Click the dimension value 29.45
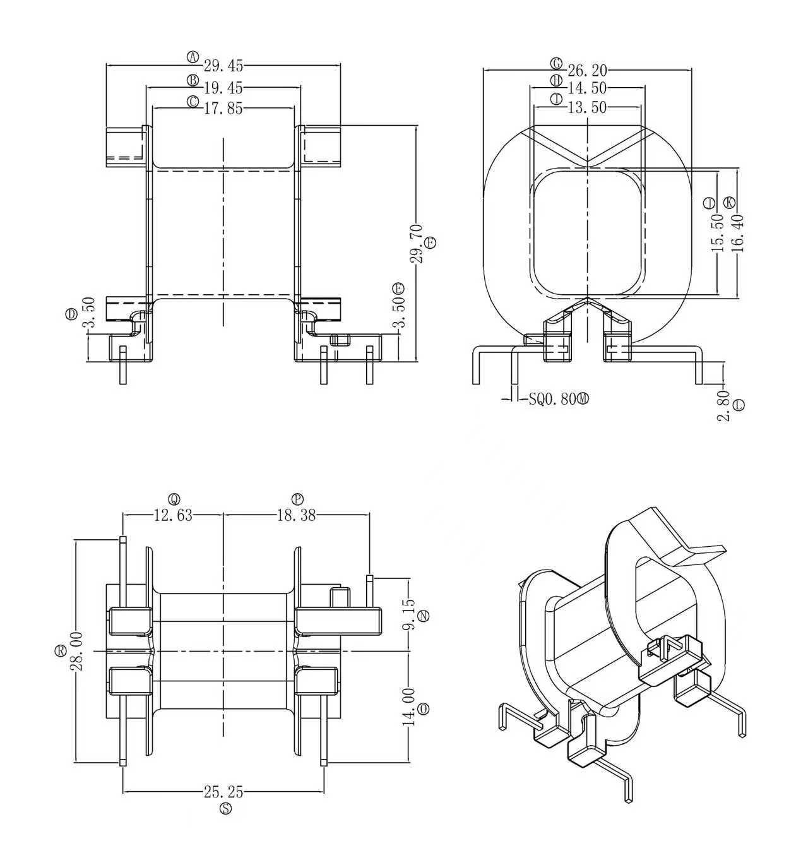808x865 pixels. tap(223, 66)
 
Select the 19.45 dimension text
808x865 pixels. tap(223, 88)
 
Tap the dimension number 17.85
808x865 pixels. tap(223, 109)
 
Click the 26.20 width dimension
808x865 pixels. tap(587, 70)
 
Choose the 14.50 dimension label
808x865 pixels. tap(587, 88)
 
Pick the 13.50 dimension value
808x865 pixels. tap(587, 108)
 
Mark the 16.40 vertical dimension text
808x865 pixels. tap(738, 233)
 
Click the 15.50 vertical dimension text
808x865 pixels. tap(718, 233)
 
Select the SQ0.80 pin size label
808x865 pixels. tap(553, 399)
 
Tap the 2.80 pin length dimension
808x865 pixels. tap(723, 405)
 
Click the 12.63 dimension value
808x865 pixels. tap(173, 515)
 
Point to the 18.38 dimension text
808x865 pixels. tap(296, 515)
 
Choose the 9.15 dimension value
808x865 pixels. tap(409, 615)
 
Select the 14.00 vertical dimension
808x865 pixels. tap(409, 707)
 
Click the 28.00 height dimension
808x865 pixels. tap(76, 650)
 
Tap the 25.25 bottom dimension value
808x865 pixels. tap(223, 791)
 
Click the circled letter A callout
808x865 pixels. tap(193, 57)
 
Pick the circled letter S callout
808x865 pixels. tap(225, 809)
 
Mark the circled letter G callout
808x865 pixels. tap(556, 63)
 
